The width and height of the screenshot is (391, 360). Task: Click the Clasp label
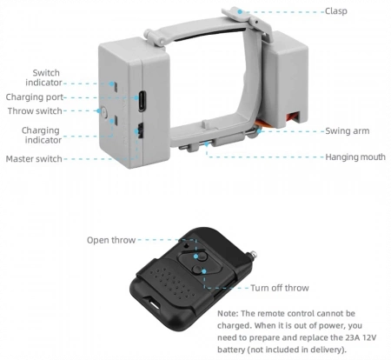pyautogui.click(x=335, y=11)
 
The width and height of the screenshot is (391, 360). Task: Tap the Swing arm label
pyautogui.click(x=348, y=130)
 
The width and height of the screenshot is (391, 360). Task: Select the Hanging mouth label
pyautogui.click(x=355, y=157)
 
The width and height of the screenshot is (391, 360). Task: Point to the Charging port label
pyautogui.click(x=35, y=97)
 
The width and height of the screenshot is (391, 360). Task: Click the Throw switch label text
pyautogui.click(x=35, y=110)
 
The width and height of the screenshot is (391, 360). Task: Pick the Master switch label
pyautogui.click(x=34, y=159)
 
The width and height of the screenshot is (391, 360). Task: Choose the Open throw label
pyautogui.click(x=111, y=240)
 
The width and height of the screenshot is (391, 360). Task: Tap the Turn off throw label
pyautogui.click(x=280, y=288)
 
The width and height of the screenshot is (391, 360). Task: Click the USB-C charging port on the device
pyautogui.click(x=142, y=101)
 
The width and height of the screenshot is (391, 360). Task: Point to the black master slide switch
pyautogui.click(x=141, y=130)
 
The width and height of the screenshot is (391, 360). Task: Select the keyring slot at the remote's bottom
pyautogui.click(x=153, y=303)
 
